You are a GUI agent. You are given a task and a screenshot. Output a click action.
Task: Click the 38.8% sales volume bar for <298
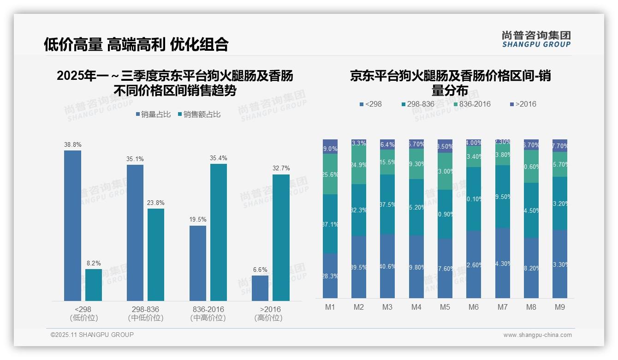[x=72, y=226]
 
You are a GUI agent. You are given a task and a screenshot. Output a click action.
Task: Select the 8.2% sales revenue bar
[x=94, y=285]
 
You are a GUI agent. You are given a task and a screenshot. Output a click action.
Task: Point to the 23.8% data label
[x=156, y=203]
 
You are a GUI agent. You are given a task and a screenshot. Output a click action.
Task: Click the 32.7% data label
[x=281, y=168]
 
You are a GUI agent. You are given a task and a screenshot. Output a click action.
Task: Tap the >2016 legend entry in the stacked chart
[x=523, y=104]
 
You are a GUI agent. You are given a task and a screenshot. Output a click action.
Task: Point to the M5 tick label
[x=445, y=307]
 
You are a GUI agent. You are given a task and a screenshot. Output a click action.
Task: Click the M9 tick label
[x=560, y=307]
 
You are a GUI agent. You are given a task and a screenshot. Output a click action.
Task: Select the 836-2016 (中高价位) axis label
[x=208, y=313]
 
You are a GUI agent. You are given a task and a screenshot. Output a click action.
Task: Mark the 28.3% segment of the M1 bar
[x=330, y=276]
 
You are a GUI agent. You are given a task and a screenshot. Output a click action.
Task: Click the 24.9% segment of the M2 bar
[x=359, y=165]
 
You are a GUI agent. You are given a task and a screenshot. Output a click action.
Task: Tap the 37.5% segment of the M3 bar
[x=387, y=204]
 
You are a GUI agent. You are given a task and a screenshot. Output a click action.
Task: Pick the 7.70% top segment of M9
[x=560, y=145]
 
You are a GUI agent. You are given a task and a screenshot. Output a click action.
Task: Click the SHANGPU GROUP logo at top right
[x=536, y=39]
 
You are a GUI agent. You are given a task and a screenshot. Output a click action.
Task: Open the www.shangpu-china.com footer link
[x=537, y=335]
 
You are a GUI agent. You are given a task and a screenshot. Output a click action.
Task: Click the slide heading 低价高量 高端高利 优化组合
[x=136, y=44]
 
